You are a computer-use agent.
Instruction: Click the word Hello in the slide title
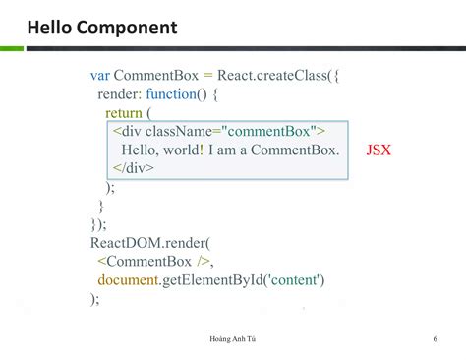click(51, 27)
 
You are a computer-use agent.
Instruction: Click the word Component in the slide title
click(129, 28)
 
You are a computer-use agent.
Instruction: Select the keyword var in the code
click(100, 75)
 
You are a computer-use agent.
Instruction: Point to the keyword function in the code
click(176, 93)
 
